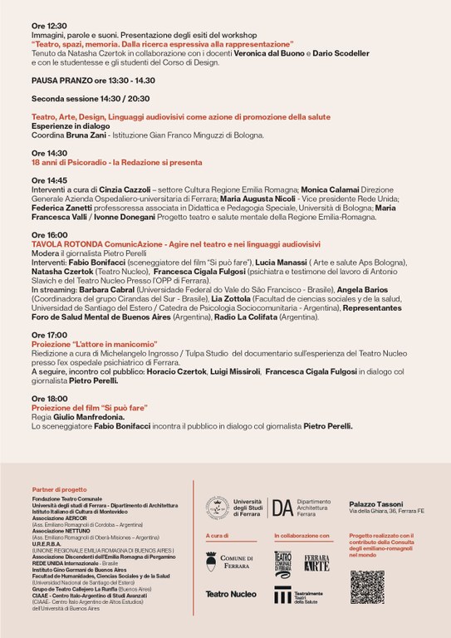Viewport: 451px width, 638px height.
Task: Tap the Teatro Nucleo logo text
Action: coord(230,594)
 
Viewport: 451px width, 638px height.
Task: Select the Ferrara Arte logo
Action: coord(316,562)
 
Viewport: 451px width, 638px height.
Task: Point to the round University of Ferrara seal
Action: coord(218,507)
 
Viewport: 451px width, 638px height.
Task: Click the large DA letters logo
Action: coord(282,507)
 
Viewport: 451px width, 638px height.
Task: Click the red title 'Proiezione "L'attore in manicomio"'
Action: coord(86,343)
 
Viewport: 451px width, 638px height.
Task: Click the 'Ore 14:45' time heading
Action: coord(49,180)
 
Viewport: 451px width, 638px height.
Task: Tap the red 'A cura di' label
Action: coord(216,536)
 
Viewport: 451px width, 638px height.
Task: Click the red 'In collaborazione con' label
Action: coord(301,536)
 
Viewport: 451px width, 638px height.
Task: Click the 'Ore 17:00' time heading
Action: coord(49,334)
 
